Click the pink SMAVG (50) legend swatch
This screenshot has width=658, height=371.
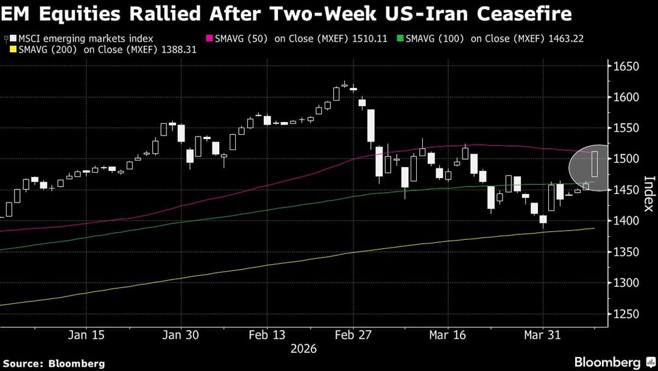point(210,38)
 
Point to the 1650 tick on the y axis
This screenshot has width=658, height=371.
point(625,66)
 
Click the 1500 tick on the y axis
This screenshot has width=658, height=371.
point(625,159)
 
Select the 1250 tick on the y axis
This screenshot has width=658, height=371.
point(625,314)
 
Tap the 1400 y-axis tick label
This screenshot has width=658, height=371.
point(625,221)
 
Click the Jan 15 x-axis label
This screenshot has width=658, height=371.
point(87,335)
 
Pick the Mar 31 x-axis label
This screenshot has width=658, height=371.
point(542,335)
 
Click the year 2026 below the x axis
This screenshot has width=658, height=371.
point(303,348)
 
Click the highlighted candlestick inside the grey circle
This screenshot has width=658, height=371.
point(595,165)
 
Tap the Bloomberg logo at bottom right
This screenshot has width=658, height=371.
point(607,362)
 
